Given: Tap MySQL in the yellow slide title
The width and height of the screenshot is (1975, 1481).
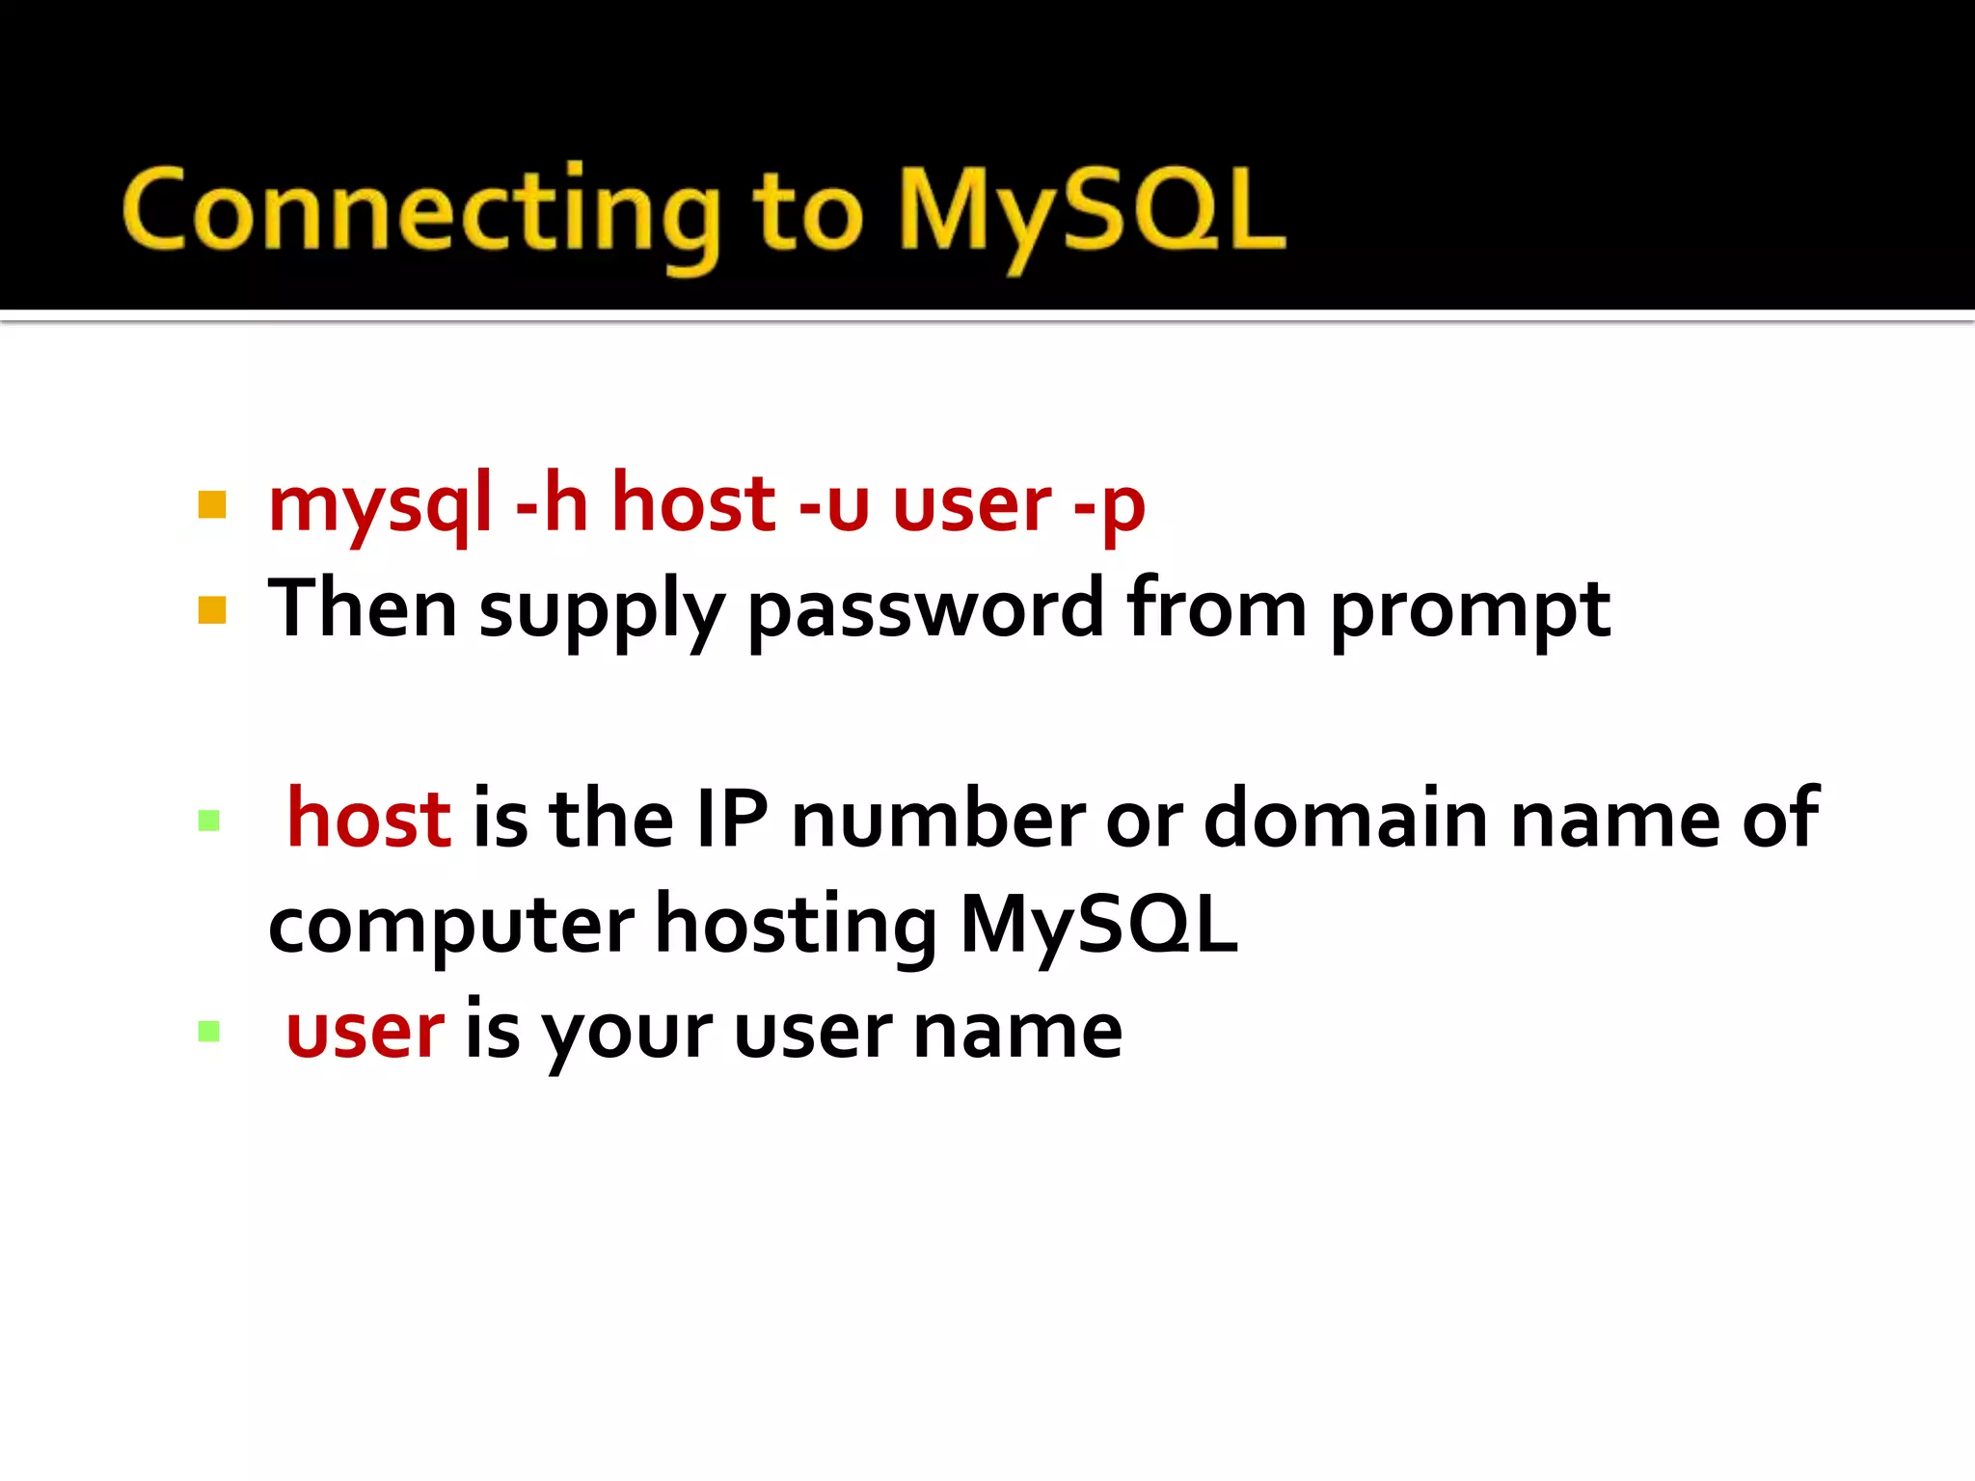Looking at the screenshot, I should (1090, 212).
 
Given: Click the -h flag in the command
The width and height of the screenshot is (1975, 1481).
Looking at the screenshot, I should (552, 503).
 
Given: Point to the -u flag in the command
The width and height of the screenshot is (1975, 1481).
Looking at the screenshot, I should (834, 503).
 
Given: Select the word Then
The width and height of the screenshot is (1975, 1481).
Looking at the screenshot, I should (362, 607).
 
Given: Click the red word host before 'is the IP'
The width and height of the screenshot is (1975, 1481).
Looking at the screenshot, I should (368, 819).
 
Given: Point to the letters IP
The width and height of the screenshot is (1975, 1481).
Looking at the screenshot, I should (732, 819).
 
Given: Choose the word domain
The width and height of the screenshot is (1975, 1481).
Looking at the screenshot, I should (1346, 819).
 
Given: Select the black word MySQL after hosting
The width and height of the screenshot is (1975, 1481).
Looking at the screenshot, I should (1099, 925).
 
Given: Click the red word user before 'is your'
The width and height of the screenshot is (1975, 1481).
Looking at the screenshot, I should (365, 1031).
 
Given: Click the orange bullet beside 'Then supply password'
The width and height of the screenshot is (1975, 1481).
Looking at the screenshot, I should (212, 610).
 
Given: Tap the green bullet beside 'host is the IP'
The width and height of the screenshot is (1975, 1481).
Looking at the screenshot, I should (209, 821).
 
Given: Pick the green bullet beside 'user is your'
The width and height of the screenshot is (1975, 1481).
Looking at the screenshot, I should (209, 1032).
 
